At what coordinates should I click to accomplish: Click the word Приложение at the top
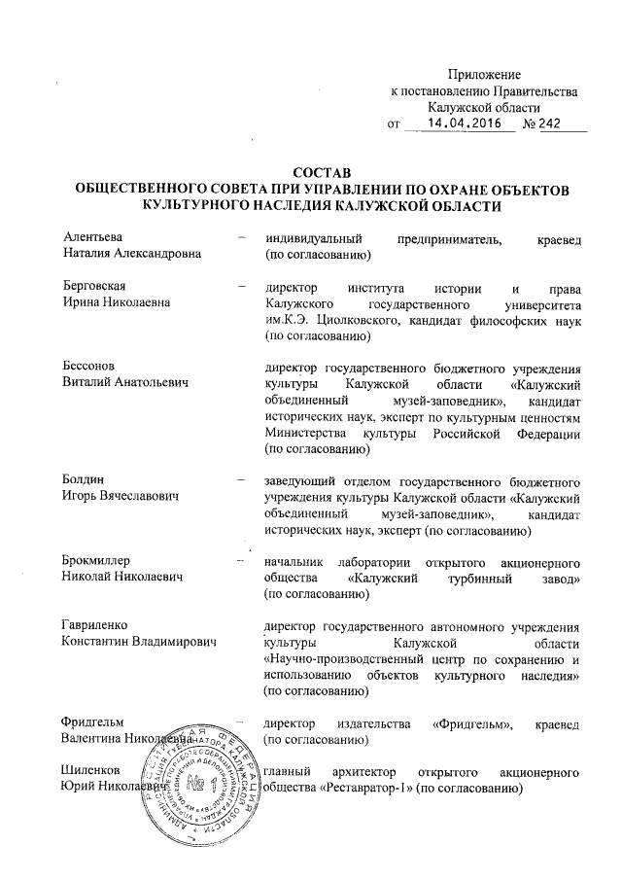[484, 75]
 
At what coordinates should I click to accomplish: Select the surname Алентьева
[95, 237]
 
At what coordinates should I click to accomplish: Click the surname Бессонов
[89, 367]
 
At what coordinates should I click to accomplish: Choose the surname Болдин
[84, 480]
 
